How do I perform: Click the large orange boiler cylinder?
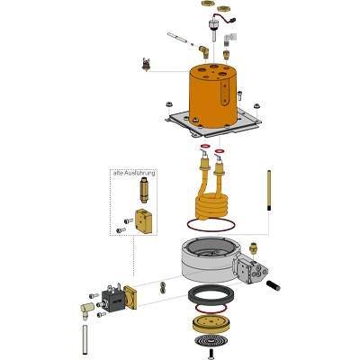click(213, 96)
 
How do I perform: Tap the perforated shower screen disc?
click(209, 341)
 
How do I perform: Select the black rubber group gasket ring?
click(211, 296)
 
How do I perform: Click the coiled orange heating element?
click(210, 196)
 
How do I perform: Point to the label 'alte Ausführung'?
click(134, 173)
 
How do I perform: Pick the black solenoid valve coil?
click(112, 298)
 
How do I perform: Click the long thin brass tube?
click(269, 191)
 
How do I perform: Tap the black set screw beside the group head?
click(273, 284)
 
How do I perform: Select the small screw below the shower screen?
click(211, 355)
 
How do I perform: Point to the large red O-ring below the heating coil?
click(210, 225)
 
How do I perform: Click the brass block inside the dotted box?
click(144, 220)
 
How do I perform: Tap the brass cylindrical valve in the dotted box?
click(144, 190)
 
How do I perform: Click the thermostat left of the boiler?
click(146, 64)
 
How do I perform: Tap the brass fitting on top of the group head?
click(254, 248)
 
